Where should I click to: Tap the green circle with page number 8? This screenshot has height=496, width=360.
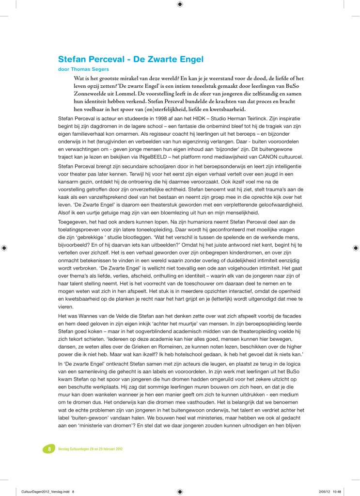[x=49, y=449]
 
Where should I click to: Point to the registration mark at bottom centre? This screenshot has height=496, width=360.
[x=180, y=491]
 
